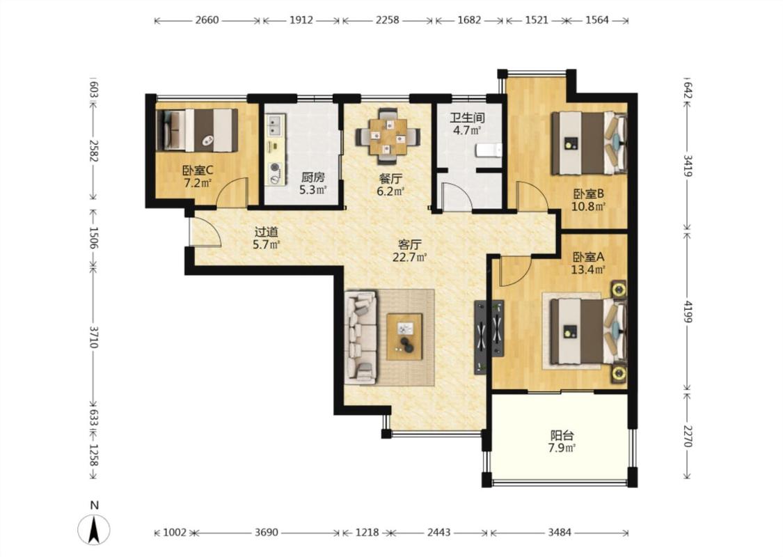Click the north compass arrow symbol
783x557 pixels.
93,530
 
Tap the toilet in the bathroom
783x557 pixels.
489,150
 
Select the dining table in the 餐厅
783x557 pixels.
388,136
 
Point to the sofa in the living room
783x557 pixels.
361,338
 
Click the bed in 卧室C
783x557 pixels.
197,130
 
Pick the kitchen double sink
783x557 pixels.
275,125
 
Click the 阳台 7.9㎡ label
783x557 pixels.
562,441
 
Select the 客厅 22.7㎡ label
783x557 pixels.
409,251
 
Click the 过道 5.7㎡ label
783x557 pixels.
266,238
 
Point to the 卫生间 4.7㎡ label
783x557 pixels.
467,125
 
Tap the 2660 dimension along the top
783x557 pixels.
207,20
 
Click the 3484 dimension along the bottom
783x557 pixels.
560,533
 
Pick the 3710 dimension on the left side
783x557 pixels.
93,338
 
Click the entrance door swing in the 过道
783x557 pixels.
205,232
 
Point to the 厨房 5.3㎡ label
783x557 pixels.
313,183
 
